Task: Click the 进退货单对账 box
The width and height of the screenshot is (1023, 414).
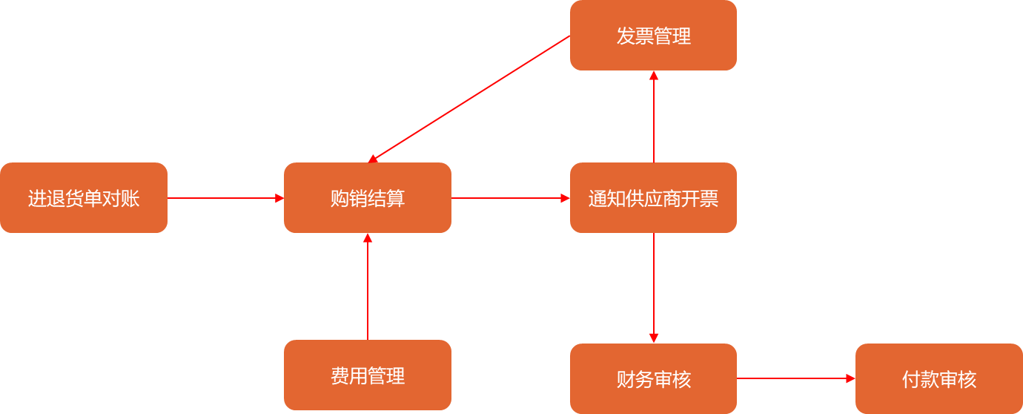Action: coord(84,198)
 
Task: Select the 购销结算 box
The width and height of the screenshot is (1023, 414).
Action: coord(368,198)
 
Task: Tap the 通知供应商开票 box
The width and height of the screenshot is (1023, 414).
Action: coord(653,198)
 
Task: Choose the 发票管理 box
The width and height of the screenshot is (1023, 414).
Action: coord(653,36)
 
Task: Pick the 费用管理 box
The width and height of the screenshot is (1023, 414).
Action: coord(368,375)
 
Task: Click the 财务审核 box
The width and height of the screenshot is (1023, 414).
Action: coord(653,379)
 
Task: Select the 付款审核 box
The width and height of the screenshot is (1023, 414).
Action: coord(938,379)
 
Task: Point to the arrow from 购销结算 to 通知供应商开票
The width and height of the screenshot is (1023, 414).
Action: coord(510,198)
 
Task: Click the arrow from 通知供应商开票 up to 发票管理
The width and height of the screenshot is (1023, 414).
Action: coord(654,116)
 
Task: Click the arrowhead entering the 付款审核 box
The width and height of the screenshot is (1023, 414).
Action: coord(850,378)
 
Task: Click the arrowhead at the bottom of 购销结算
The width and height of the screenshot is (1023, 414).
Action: coord(368,238)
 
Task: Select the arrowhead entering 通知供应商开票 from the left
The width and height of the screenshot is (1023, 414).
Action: coord(565,198)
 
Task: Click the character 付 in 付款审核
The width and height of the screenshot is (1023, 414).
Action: coord(911,379)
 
